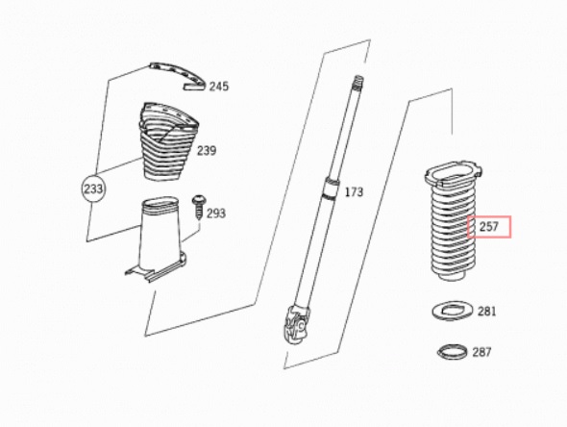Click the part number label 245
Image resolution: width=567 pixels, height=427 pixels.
click(x=219, y=87)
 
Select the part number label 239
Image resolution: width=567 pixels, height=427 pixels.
click(x=207, y=150)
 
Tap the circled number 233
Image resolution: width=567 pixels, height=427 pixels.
click(x=93, y=188)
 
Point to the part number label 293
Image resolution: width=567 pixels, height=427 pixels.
click(x=216, y=213)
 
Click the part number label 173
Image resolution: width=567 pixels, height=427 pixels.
click(x=354, y=191)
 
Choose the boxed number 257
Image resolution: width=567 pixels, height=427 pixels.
click(x=489, y=227)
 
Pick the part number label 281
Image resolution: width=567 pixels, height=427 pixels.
click(x=486, y=312)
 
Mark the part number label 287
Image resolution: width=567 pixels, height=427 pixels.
click(x=481, y=352)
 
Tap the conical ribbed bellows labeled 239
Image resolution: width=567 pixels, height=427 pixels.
click(x=167, y=141)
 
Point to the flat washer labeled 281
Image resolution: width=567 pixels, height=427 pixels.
click(x=453, y=311)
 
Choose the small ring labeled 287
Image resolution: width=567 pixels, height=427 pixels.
click(x=454, y=351)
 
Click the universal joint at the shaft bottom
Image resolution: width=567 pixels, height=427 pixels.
click(x=298, y=325)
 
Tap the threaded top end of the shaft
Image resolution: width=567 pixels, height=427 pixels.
click(x=357, y=82)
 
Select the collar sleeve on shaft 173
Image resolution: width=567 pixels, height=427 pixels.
click(x=332, y=188)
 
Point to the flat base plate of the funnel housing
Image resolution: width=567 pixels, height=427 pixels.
click(x=157, y=270)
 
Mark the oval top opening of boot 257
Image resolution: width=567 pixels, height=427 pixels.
click(x=454, y=173)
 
